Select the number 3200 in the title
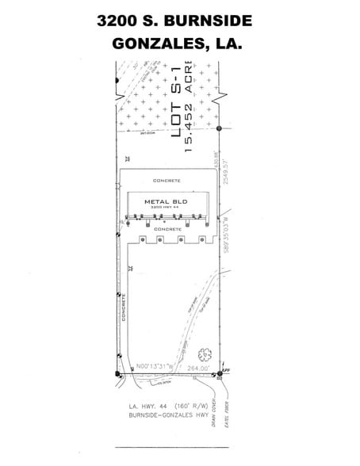tap(117, 20)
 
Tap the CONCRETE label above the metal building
tap(167, 181)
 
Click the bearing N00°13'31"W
tap(155, 367)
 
